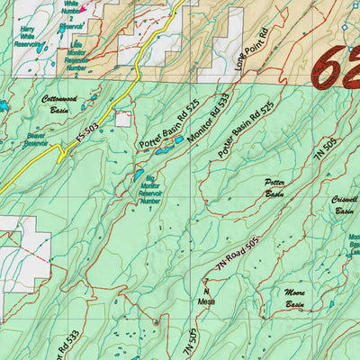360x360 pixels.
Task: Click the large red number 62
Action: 335,70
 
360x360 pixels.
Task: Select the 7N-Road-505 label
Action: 238,256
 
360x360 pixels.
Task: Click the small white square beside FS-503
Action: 122,119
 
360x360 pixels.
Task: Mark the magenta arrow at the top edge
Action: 84,9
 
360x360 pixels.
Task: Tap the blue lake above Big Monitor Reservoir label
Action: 139,175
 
